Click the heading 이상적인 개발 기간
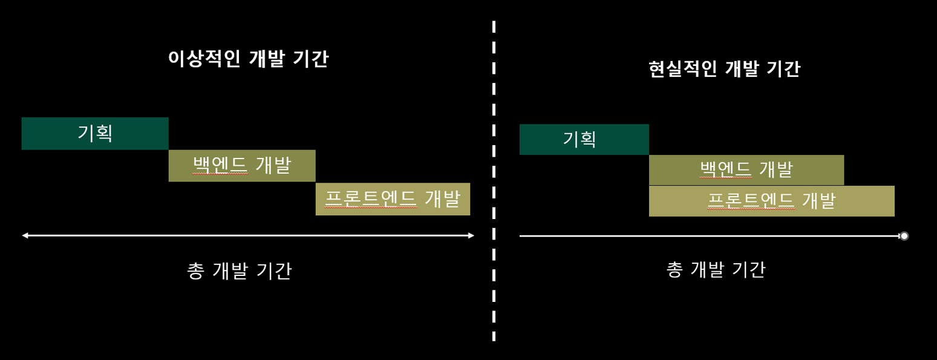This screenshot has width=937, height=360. pos(248,59)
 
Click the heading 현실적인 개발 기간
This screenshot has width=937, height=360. pos(724,69)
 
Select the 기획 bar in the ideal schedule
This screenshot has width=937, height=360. pos(95,134)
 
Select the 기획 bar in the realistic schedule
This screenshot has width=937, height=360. pos(584,140)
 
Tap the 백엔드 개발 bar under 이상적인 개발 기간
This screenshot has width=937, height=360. pos(242,166)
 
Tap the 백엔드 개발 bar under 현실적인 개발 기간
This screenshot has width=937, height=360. pos(746,170)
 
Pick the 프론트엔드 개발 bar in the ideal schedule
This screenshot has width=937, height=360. pos(393,199)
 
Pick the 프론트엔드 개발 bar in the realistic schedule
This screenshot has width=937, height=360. pos(771,201)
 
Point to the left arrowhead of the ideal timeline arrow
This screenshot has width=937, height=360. pos(25,235)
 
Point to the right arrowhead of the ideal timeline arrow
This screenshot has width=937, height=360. pos(471,235)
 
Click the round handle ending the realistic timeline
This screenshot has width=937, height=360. pos(904,236)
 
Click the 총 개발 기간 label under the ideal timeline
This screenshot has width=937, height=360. pos(240,270)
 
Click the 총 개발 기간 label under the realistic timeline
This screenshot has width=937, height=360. pos(716,269)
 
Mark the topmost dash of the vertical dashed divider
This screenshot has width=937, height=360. pos(494,26)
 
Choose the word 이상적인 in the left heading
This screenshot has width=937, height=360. pos(204,59)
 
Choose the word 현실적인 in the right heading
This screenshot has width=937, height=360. pos(682,69)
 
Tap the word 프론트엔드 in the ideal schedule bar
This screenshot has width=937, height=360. pos(371,199)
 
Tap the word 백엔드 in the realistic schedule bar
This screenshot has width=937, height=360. pos(726,170)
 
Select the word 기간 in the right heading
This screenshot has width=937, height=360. pos(783,69)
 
